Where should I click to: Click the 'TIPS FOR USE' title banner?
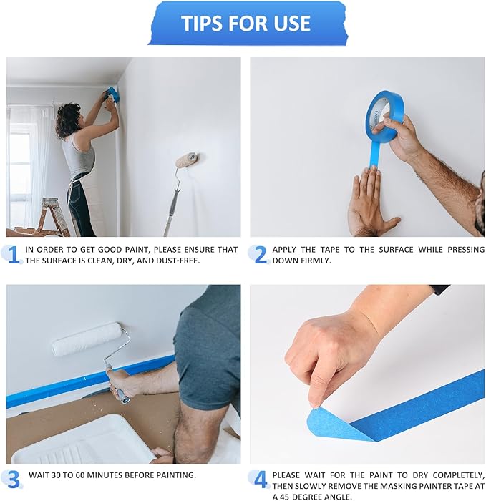click(246, 23)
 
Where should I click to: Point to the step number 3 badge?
click(13, 478)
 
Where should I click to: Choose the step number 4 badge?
click(260, 478)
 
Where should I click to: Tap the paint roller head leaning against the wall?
click(188, 160)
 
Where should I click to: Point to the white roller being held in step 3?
click(87, 339)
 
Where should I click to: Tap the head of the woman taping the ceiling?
click(69, 119)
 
